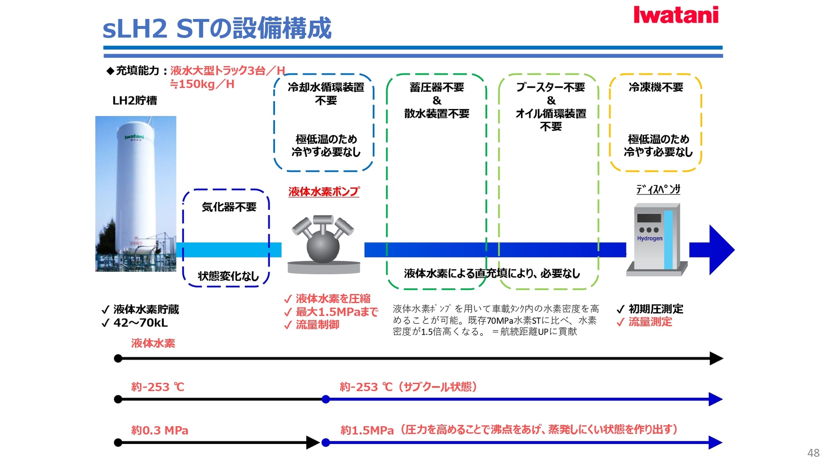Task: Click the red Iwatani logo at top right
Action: (x=676, y=15)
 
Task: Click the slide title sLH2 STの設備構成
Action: (x=217, y=28)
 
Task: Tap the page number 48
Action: (x=813, y=453)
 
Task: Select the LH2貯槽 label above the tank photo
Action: (x=135, y=101)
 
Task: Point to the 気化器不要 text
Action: (x=229, y=207)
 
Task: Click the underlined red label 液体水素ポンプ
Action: (x=324, y=192)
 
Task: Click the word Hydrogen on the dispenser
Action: (x=650, y=239)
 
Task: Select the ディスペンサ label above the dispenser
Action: (x=658, y=189)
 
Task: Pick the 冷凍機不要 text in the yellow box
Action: (x=656, y=87)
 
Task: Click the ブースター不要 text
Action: (x=551, y=87)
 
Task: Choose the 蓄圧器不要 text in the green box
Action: (x=437, y=87)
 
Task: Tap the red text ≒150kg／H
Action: (x=202, y=84)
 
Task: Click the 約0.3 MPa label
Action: (x=160, y=430)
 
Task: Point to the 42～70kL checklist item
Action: (x=140, y=322)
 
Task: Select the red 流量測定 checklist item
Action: (x=650, y=322)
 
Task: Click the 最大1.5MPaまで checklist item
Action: (x=336, y=312)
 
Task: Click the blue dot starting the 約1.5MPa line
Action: (x=326, y=442)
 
